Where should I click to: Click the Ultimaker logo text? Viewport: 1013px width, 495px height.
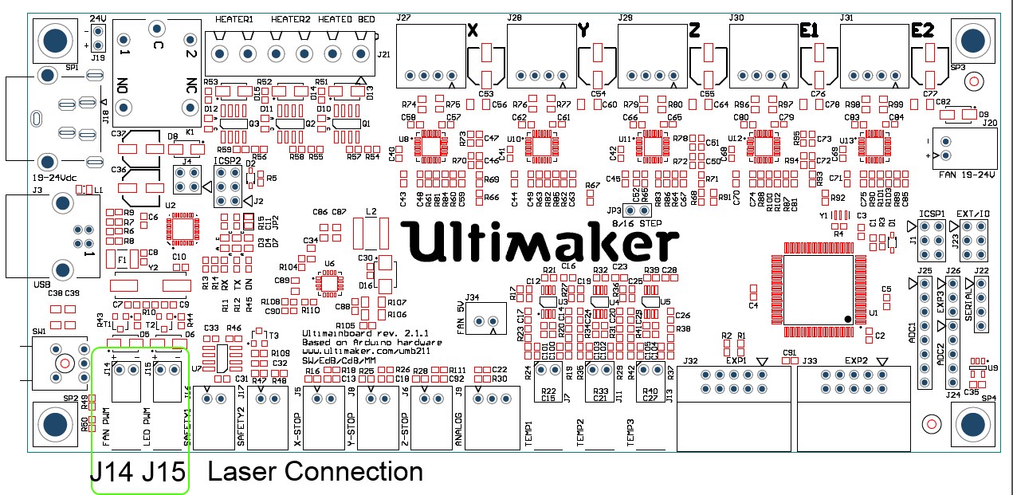(x=540, y=241)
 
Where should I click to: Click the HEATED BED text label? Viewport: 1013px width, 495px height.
(x=345, y=18)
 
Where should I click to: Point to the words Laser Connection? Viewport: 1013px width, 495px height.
(x=314, y=472)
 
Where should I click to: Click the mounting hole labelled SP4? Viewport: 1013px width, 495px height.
(x=972, y=423)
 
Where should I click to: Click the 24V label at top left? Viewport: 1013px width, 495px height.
(x=97, y=18)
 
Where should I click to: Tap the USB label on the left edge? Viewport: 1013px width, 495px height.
(x=43, y=284)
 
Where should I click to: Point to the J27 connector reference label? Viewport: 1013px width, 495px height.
(x=403, y=18)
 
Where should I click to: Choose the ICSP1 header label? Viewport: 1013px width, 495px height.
(x=931, y=214)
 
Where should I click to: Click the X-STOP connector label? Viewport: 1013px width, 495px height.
(x=297, y=431)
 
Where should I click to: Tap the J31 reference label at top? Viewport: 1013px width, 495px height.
(x=847, y=18)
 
